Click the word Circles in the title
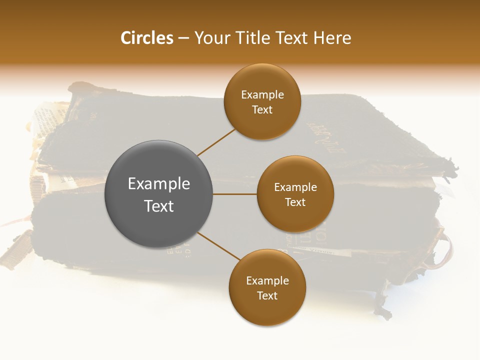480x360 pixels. [x=146, y=38]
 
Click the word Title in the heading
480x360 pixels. [x=254, y=38]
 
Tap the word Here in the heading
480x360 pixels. [x=332, y=38]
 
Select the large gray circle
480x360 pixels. [x=159, y=194]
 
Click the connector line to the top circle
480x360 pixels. [x=216, y=142]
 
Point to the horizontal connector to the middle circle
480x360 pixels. [x=235, y=194]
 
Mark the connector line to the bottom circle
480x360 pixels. [x=219, y=246]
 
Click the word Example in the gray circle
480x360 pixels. [x=159, y=184]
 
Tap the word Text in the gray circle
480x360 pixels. [x=159, y=206]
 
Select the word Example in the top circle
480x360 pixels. [x=262, y=95]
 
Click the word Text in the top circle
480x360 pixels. [x=262, y=110]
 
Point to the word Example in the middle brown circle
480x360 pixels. [x=295, y=187]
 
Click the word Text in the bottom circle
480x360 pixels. [x=267, y=296]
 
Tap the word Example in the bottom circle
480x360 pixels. [x=267, y=281]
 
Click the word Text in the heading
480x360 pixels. [x=292, y=38]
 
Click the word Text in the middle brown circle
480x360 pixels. [x=295, y=202]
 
